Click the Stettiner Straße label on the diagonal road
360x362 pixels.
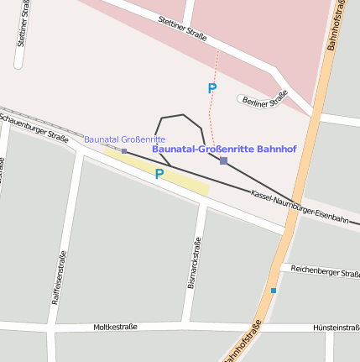(x=182, y=27)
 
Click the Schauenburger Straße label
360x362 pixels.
(x=34, y=127)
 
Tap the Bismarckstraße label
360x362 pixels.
(x=193, y=263)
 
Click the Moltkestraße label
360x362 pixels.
(x=115, y=327)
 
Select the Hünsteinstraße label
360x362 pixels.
(x=336, y=328)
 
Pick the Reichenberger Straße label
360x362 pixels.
(x=325, y=270)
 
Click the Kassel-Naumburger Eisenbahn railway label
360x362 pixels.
(x=299, y=207)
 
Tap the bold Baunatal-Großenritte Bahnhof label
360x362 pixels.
(x=224, y=149)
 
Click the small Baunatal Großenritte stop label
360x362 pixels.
(x=124, y=139)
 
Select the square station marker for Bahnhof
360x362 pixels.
(x=223, y=160)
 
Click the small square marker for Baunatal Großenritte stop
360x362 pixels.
(x=124, y=151)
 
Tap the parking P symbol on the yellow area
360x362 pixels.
(x=159, y=174)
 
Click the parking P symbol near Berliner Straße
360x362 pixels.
(x=212, y=87)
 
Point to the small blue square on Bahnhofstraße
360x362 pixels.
(x=273, y=291)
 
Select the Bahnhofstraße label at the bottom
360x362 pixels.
(x=244, y=341)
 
